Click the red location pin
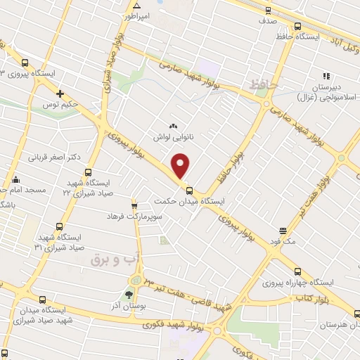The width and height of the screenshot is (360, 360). (x=181, y=165)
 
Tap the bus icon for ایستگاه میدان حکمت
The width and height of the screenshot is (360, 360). (x=188, y=191)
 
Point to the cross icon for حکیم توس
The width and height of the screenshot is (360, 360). (x=60, y=94)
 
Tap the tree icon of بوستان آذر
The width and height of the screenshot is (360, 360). (x=129, y=295)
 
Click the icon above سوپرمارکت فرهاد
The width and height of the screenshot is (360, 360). (x=129, y=207)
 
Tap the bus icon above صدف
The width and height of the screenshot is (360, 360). (x=266, y=11)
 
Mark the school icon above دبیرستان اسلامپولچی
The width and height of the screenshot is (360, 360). (x=326, y=77)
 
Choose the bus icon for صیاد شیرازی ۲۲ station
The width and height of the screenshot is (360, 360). (x=88, y=172)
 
